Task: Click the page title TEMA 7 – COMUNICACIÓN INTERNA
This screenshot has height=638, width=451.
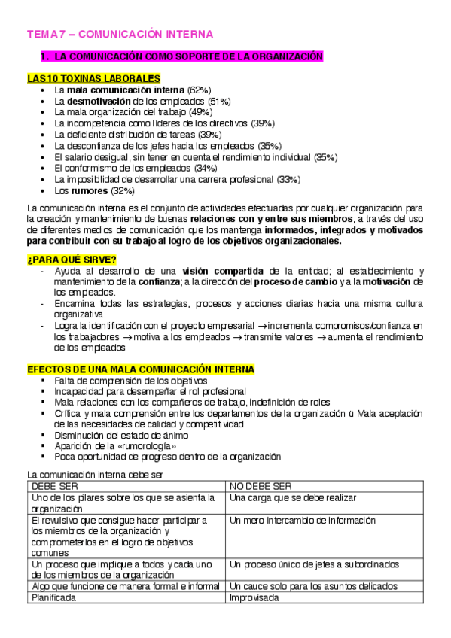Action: click(120, 35)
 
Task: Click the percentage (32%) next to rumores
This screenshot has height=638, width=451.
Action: click(123, 191)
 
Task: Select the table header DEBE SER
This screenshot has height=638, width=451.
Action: click(50, 486)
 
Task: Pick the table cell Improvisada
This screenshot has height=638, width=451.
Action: click(254, 597)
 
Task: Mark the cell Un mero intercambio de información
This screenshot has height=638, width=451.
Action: click(302, 520)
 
